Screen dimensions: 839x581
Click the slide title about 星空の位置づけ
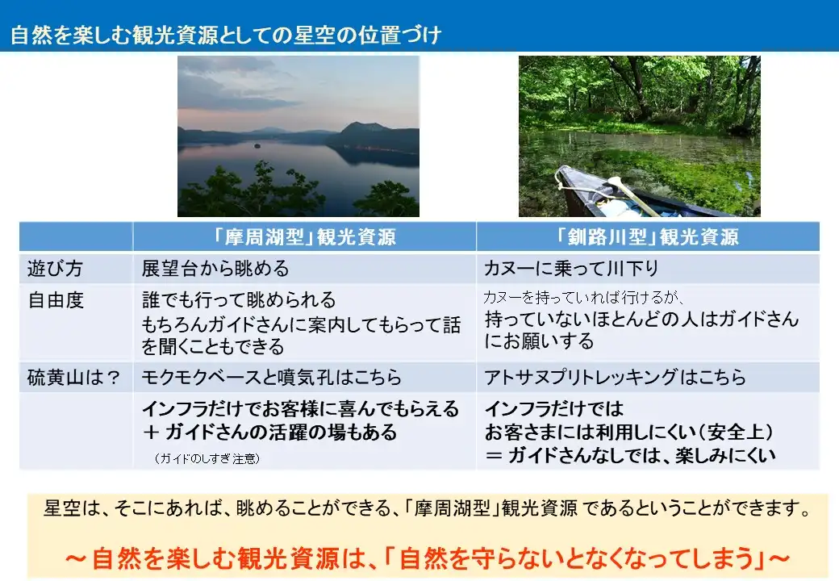click(x=226, y=35)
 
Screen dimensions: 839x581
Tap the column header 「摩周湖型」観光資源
click(x=304, y=236)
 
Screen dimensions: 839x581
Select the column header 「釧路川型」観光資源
click(x=647, y=236)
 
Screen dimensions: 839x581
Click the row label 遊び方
click(x=55, y=268)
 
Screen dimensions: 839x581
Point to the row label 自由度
click(x=56, y=299)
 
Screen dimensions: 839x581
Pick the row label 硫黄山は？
click(x=74, y=377)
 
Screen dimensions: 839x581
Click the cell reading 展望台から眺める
click(x=215, y=268)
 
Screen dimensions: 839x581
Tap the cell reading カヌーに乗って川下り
click(x=571, y=268)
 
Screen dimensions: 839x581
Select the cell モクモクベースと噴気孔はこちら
click(x=271, y=377)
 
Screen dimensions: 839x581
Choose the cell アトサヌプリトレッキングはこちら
click(x=615, y=377)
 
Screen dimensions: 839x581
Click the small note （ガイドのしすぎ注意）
click(x=207, y=458)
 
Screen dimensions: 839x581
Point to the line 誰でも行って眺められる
click(x=239, y=299)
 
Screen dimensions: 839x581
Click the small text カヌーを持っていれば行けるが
click(x=583, y=297)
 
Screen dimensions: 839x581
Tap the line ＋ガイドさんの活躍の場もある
click(x=269, y=432)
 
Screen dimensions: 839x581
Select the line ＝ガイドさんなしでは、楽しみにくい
click(x=630, y=455)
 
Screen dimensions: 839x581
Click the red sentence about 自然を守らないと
click(x=428, y=558)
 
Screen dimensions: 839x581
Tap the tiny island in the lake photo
click(x=257, y=145)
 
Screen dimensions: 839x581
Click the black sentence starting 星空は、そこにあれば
click(x=428, y=508)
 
